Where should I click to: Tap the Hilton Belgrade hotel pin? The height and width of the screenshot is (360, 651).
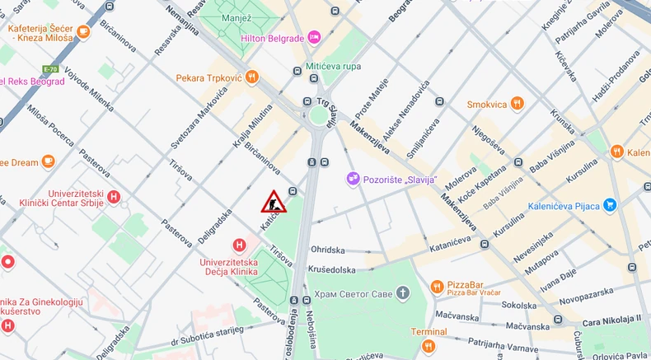coord(313,38)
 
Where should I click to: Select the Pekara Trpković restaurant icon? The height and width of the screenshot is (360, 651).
coord(251,78)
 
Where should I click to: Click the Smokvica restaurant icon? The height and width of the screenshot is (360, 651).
coord(517,104)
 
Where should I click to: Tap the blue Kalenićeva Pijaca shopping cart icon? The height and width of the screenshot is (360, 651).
coord(610,204)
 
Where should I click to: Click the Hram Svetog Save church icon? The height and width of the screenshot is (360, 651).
coord(402,293)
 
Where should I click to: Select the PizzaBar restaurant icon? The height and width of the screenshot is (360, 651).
coord(437,287)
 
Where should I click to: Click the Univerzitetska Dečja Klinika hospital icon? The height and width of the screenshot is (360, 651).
coord(239,245)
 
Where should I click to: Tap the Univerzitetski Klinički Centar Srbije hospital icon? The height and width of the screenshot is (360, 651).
coord(114,198)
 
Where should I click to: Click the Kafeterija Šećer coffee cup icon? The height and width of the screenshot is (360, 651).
coord(83,32)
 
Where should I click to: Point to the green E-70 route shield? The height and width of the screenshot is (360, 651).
coord(51,69)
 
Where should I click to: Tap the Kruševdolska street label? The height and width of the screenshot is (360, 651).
coord(334,269)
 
